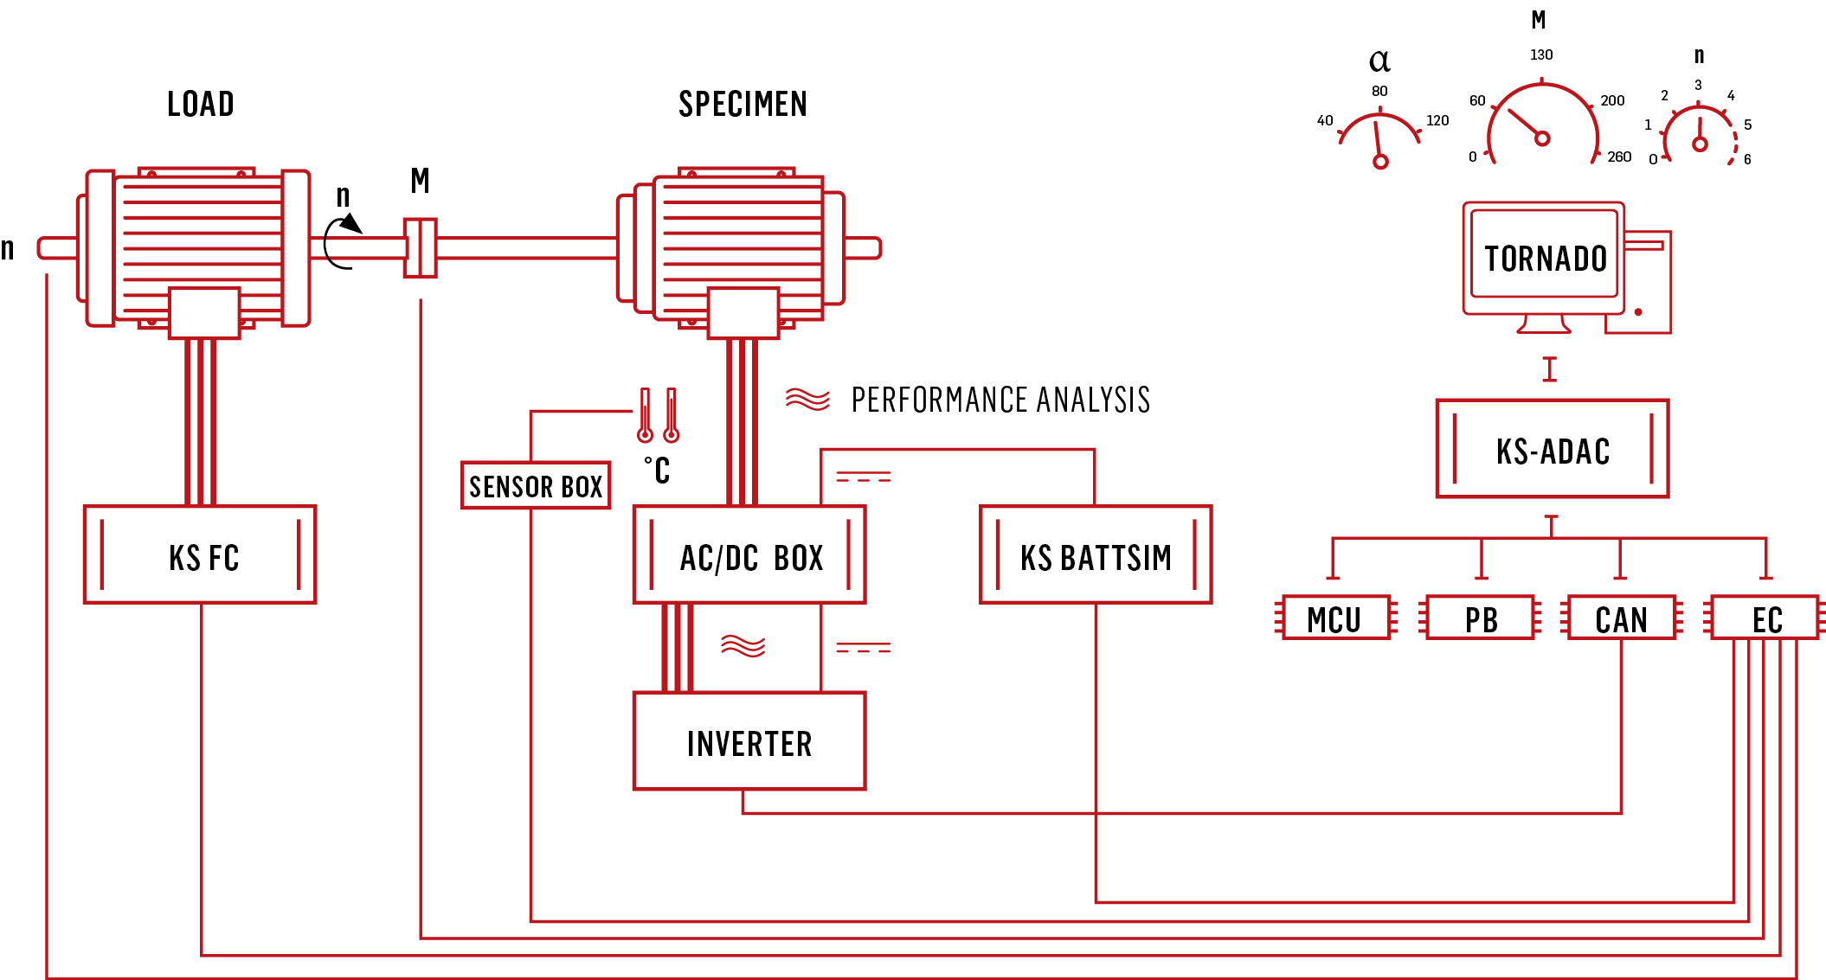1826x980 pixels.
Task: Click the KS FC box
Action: (200, 554)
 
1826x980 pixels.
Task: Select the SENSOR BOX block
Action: (536, 485)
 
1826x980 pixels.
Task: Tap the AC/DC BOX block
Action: (749, 554)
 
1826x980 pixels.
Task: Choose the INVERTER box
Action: (749, 740)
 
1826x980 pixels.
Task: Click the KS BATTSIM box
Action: (1096, 554)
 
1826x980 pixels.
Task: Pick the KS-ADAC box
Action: (1553, 448)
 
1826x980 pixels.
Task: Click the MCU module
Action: (1336, 618)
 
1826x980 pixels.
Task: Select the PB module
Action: (1481, 618)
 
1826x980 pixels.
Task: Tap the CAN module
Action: (1622, 618)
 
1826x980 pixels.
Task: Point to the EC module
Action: (1765, 618)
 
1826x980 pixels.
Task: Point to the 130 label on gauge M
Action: (1541, 55)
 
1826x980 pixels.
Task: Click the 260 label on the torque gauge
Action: (1619, 157)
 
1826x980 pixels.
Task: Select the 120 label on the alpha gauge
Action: (1437, 121)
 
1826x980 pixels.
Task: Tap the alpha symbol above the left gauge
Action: (1379, 61)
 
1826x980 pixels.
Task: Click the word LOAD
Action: (201, 104)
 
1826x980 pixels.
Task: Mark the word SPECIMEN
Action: (743, 104)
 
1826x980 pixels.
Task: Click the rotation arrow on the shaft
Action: (342, 242)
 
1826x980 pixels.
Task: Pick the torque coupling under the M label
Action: (421, 248)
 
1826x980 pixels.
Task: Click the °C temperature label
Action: (657, 471)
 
